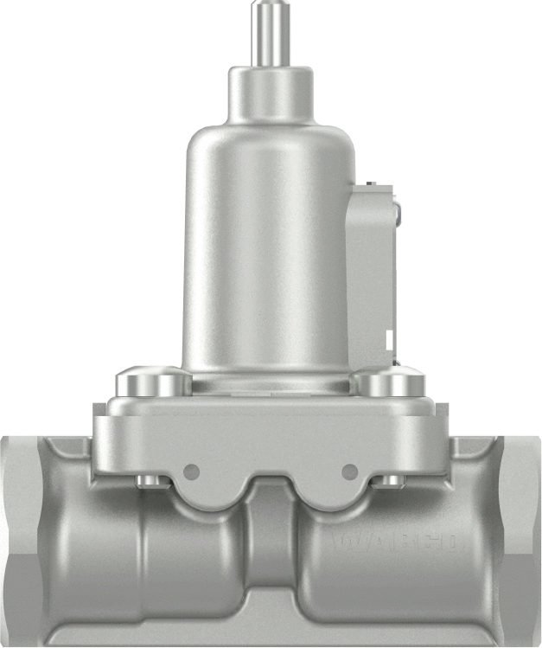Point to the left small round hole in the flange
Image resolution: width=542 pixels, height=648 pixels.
pyautogui.click(x=192, y=472)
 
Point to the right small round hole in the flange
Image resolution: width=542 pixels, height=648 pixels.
pyautogui.click(x=350, y=472)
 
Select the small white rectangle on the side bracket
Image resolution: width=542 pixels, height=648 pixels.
pyautogui.click(x=390, y=338)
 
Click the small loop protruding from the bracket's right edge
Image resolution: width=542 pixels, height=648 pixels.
pyautogui.click(x=397, y=208)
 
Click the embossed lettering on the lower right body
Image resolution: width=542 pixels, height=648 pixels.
pyautogui.click(x=398, y=543)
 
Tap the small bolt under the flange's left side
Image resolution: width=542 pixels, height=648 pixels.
pyautogui.click(x=150, y=481)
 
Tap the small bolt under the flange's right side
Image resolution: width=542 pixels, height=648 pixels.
pyautogui.click(x=391, y=481)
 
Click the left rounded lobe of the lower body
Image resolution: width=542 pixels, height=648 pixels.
pyautogui.click(x=186, y=554)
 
